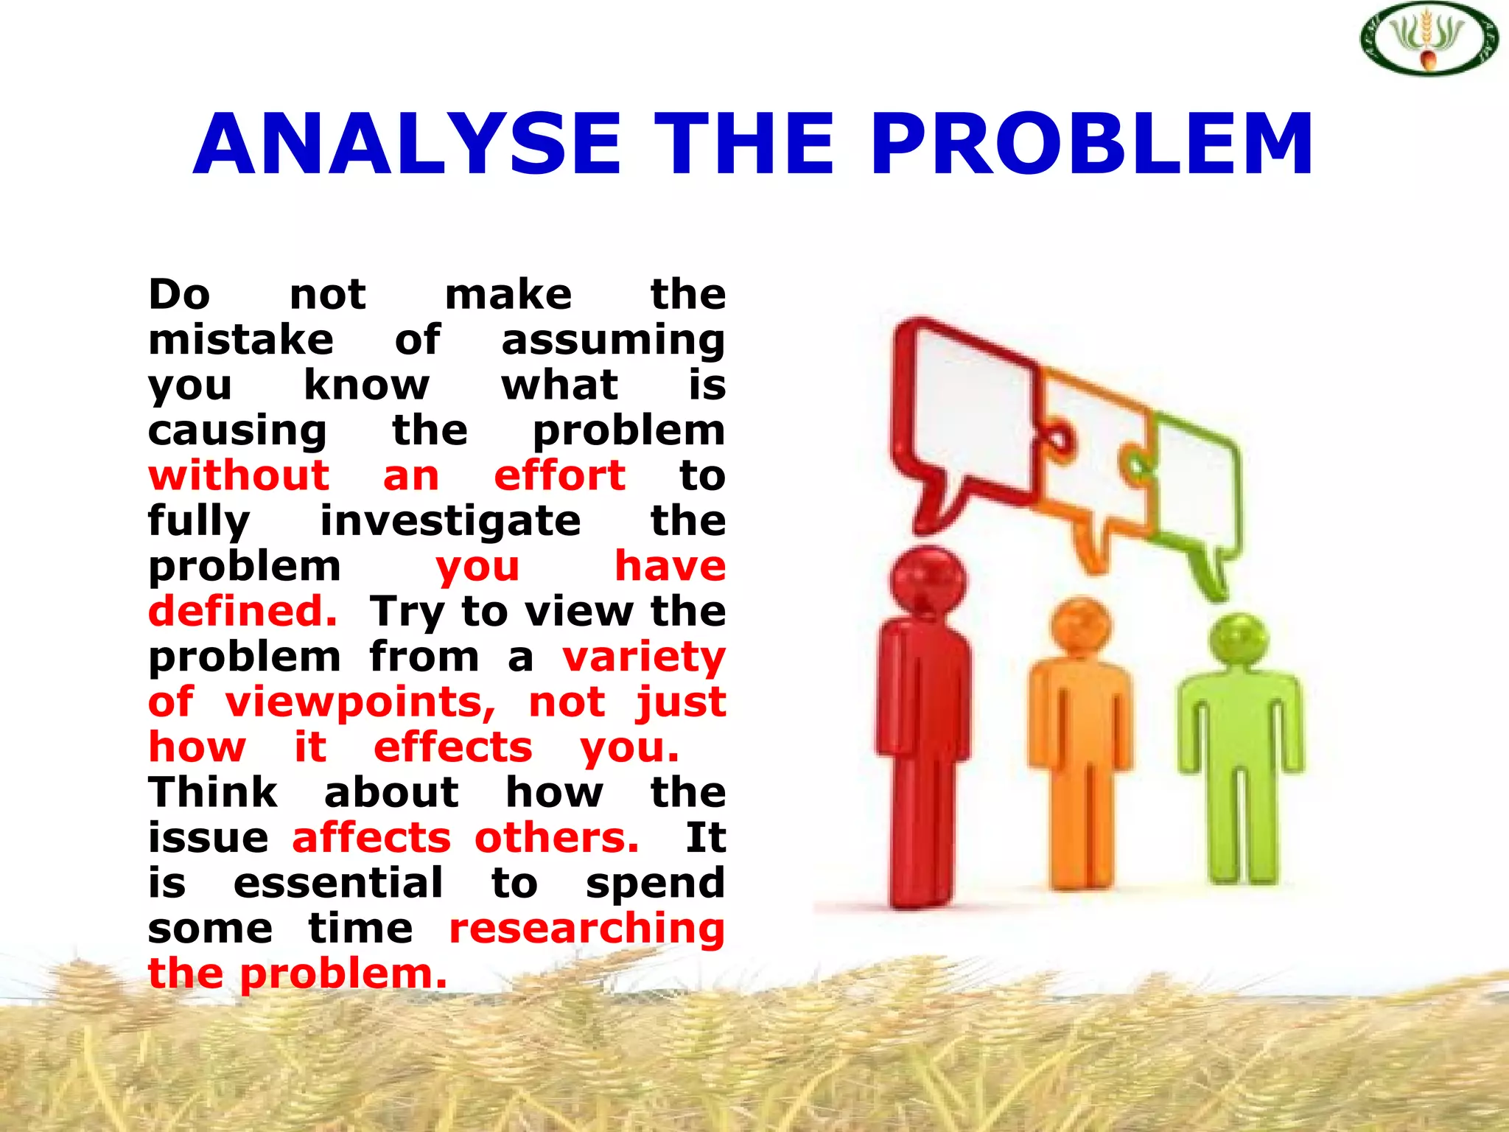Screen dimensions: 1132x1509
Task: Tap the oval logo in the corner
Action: (1428, 38)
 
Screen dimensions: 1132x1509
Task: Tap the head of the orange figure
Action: (1080, 626)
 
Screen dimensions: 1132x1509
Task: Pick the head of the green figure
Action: (1240, 640)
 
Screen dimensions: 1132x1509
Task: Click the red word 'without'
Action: (239, 475)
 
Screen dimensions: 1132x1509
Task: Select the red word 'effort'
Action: (560, 475)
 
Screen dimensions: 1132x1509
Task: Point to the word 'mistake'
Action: (241, 340)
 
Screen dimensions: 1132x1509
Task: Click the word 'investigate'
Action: (450, 521)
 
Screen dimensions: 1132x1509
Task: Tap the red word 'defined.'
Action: (243, 612)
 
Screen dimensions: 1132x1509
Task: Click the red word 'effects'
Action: (452, 747)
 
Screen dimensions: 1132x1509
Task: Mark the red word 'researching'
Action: (587, 929)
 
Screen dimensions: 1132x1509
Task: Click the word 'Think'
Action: (213, 793)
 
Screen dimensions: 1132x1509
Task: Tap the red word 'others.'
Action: (557, 838)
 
